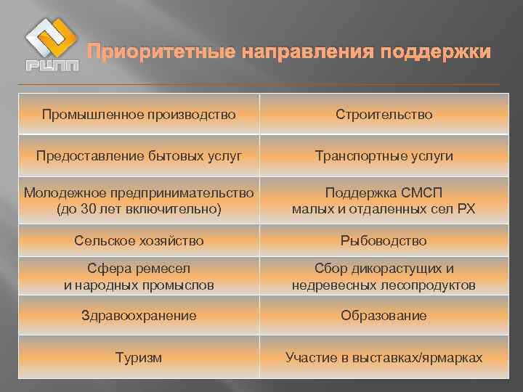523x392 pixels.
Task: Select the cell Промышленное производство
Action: (x=139, y=114)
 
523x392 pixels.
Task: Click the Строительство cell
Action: (x=384, y=114)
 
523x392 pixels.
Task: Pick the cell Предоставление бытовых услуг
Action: (x=139, y=156)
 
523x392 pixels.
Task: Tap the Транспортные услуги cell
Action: (x=384, y=156)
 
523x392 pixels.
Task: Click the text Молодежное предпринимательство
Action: (x=139, y=192)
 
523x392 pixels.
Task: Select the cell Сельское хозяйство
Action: (x=139, y=240)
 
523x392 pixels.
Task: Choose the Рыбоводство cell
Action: (x=384, y=240)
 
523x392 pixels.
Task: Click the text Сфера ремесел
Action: (x=139, y=269)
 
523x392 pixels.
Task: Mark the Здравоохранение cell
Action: (x=139, y=316)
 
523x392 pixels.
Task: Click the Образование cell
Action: (x=384, y=316)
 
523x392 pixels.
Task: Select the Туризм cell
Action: (x=139, y=358)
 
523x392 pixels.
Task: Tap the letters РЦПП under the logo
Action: (x=52, y=66)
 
